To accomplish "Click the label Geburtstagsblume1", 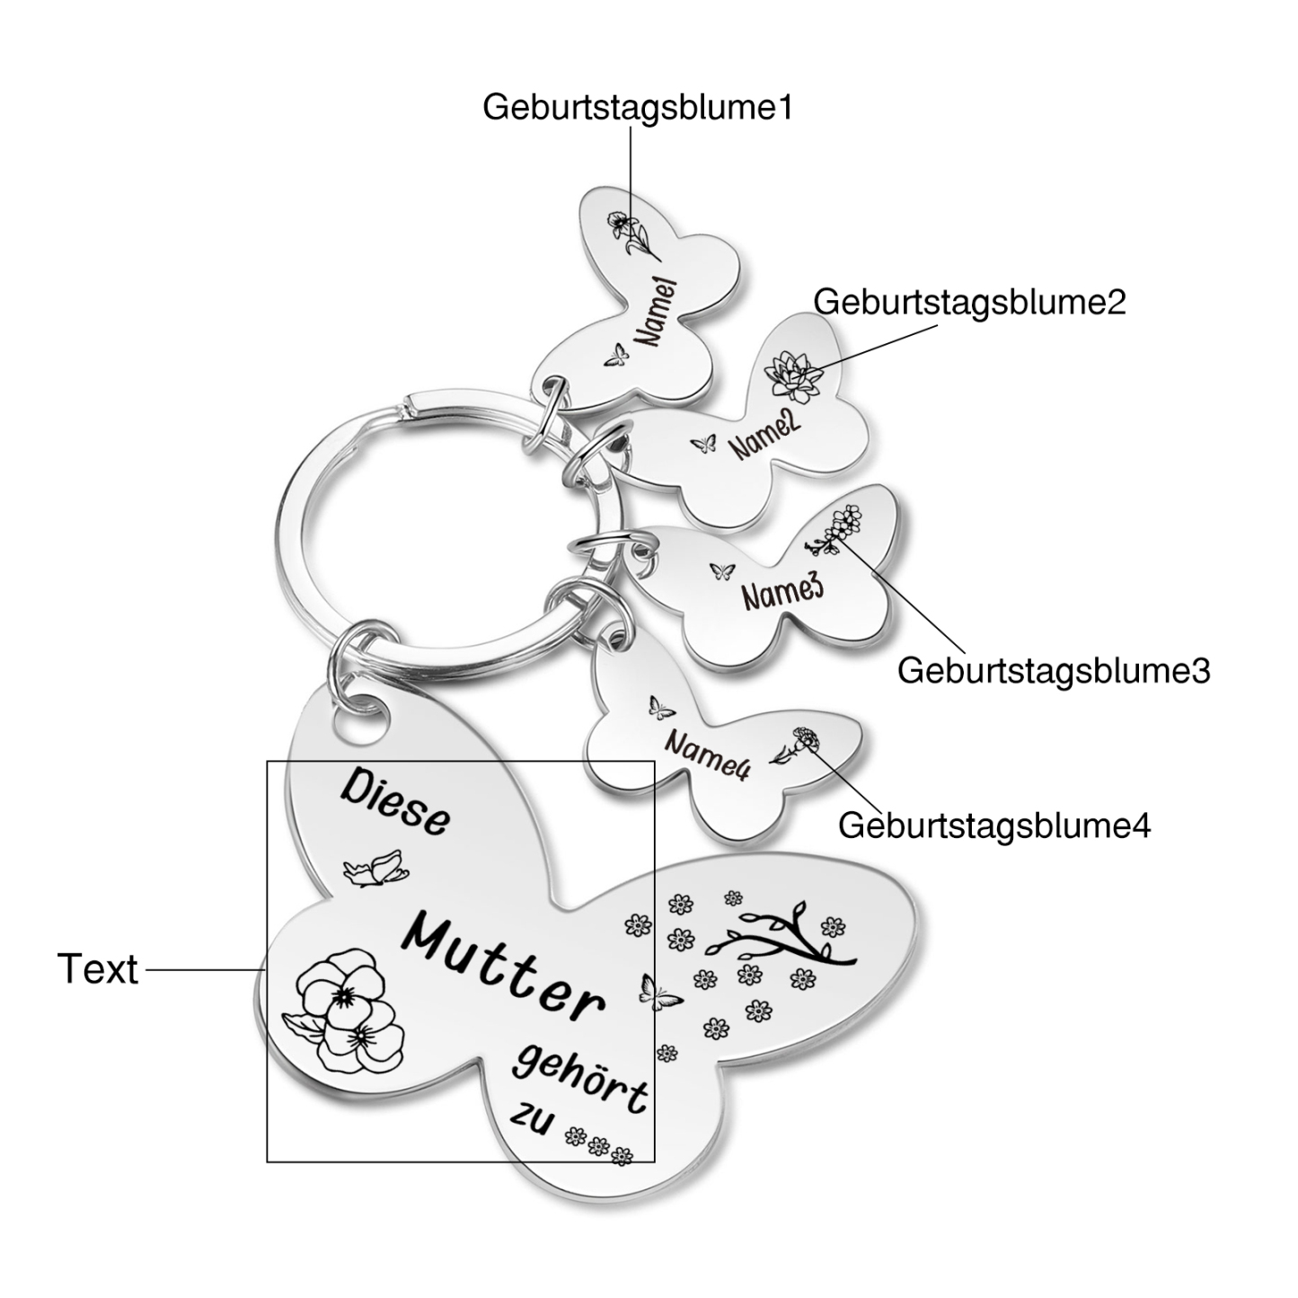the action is (x=637, y=109).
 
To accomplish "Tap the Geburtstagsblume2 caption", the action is (x=969, y=303).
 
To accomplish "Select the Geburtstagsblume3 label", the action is (x=1054, y=671).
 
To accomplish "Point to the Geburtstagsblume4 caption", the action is (x=994, y=826).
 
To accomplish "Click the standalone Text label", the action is (x=98, y=969).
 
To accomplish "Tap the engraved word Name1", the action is (x=657, y=313).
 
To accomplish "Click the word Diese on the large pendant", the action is (x=395, y=805).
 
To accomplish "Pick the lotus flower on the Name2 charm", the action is (x=794, y=373).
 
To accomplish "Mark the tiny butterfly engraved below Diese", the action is (x=375, y=869).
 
